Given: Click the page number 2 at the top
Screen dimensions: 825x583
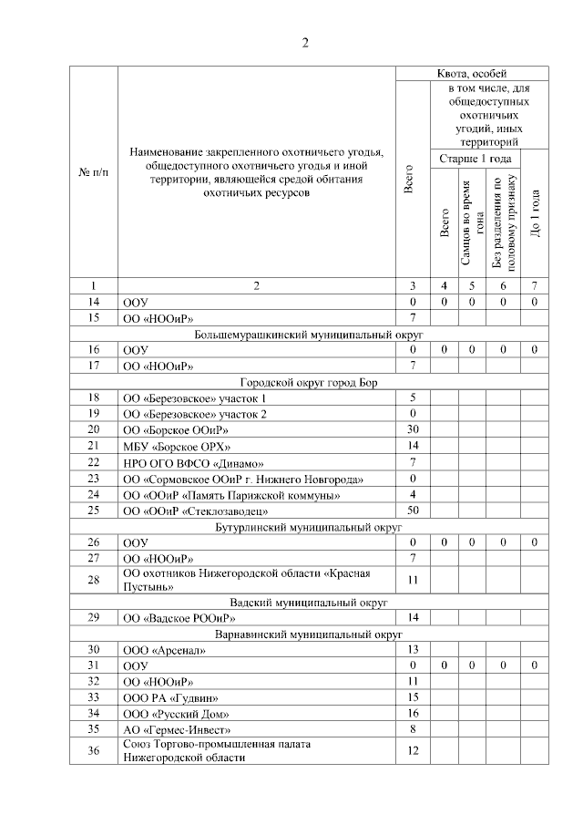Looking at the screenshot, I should [307, 42].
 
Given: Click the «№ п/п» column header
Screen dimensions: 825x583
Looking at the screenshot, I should [94, 173].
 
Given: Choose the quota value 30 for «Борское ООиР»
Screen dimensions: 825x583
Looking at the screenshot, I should [413, 429].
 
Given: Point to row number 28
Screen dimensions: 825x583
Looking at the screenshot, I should [94, 580].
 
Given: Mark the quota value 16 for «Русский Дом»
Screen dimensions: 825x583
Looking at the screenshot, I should [413, 713].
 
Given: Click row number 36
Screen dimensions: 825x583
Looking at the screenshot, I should [94, 751].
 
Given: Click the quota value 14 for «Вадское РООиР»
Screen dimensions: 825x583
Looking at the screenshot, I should [413, 618].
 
